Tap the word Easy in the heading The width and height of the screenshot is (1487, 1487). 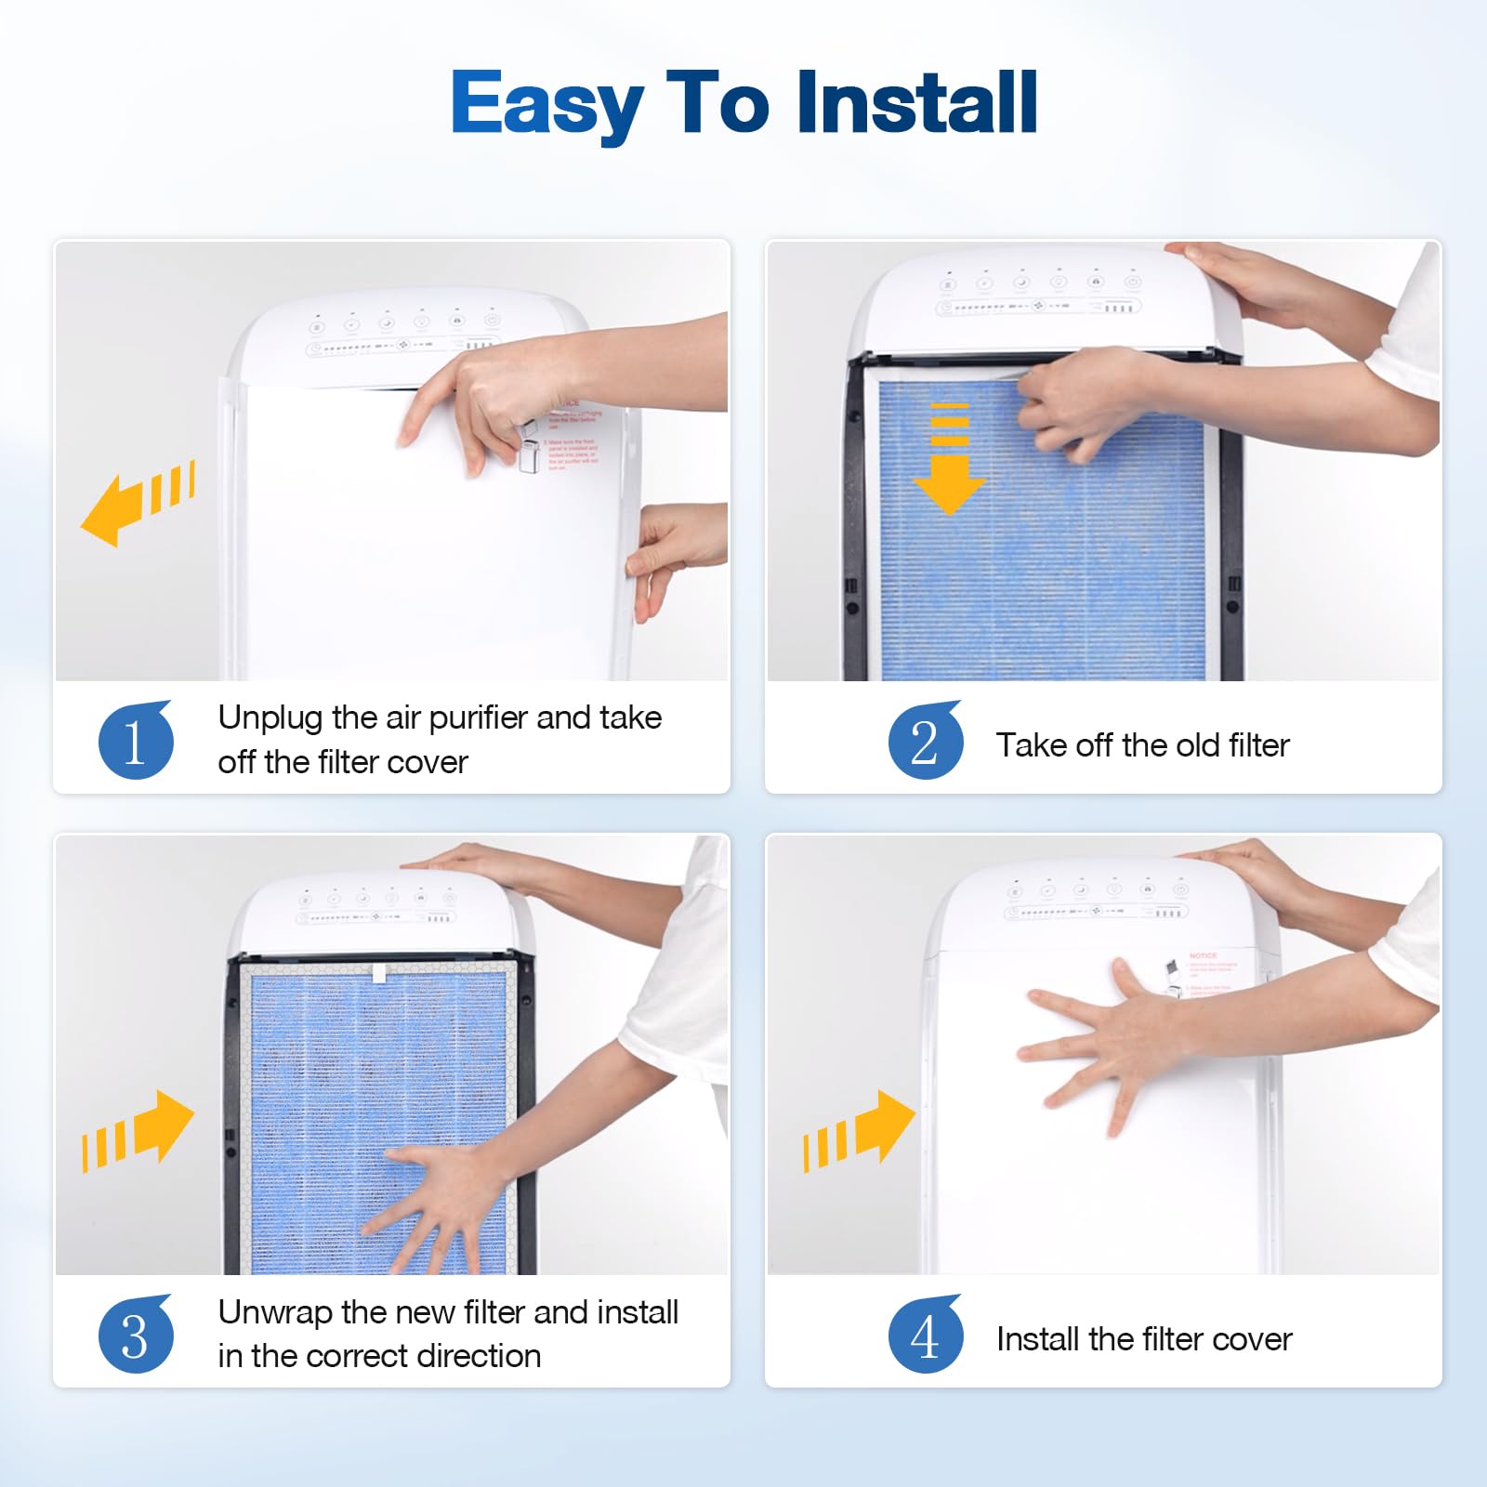(x=546, y=104)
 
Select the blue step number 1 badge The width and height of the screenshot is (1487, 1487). (x=136, y=742)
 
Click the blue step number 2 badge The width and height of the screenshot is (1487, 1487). (x=925, y=742)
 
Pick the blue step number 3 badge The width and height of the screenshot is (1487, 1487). (x=136, y=1336)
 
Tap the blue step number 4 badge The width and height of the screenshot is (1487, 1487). (x=925, y=1336)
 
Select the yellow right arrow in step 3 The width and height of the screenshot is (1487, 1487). (x=139, y=1129)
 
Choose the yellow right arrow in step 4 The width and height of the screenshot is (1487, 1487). (x=860, y=1129)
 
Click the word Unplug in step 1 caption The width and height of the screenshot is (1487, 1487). (x=270, y=718)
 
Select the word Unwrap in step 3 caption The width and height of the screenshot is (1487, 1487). (x=275, y=1312)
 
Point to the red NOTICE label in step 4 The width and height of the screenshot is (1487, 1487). (x=1203, y=955)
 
